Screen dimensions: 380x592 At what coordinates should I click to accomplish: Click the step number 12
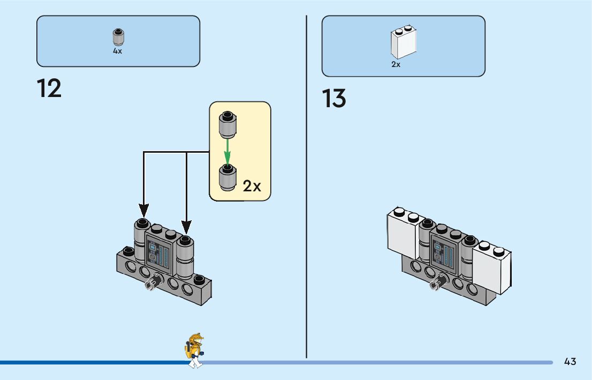(49, 88)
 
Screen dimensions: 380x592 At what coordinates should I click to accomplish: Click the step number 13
(334, 99)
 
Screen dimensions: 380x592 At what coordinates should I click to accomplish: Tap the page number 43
(570, 361)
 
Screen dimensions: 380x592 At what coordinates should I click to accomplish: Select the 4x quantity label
(118, 51)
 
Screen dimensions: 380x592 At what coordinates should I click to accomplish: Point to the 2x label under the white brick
(396, 64)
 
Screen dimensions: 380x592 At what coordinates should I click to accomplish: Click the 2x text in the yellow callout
(252, 186)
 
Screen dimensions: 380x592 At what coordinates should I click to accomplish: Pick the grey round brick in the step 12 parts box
(118, 36)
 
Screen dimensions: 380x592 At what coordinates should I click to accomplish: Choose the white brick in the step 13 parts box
(404, 42)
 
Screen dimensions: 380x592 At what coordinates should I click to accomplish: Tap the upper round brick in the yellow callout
(227, 125)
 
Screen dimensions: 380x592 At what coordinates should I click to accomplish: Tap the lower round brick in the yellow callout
(227, 177)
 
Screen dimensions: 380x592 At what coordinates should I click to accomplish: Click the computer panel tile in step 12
(160, 254)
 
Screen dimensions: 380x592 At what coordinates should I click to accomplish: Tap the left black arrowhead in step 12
(143, 211)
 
